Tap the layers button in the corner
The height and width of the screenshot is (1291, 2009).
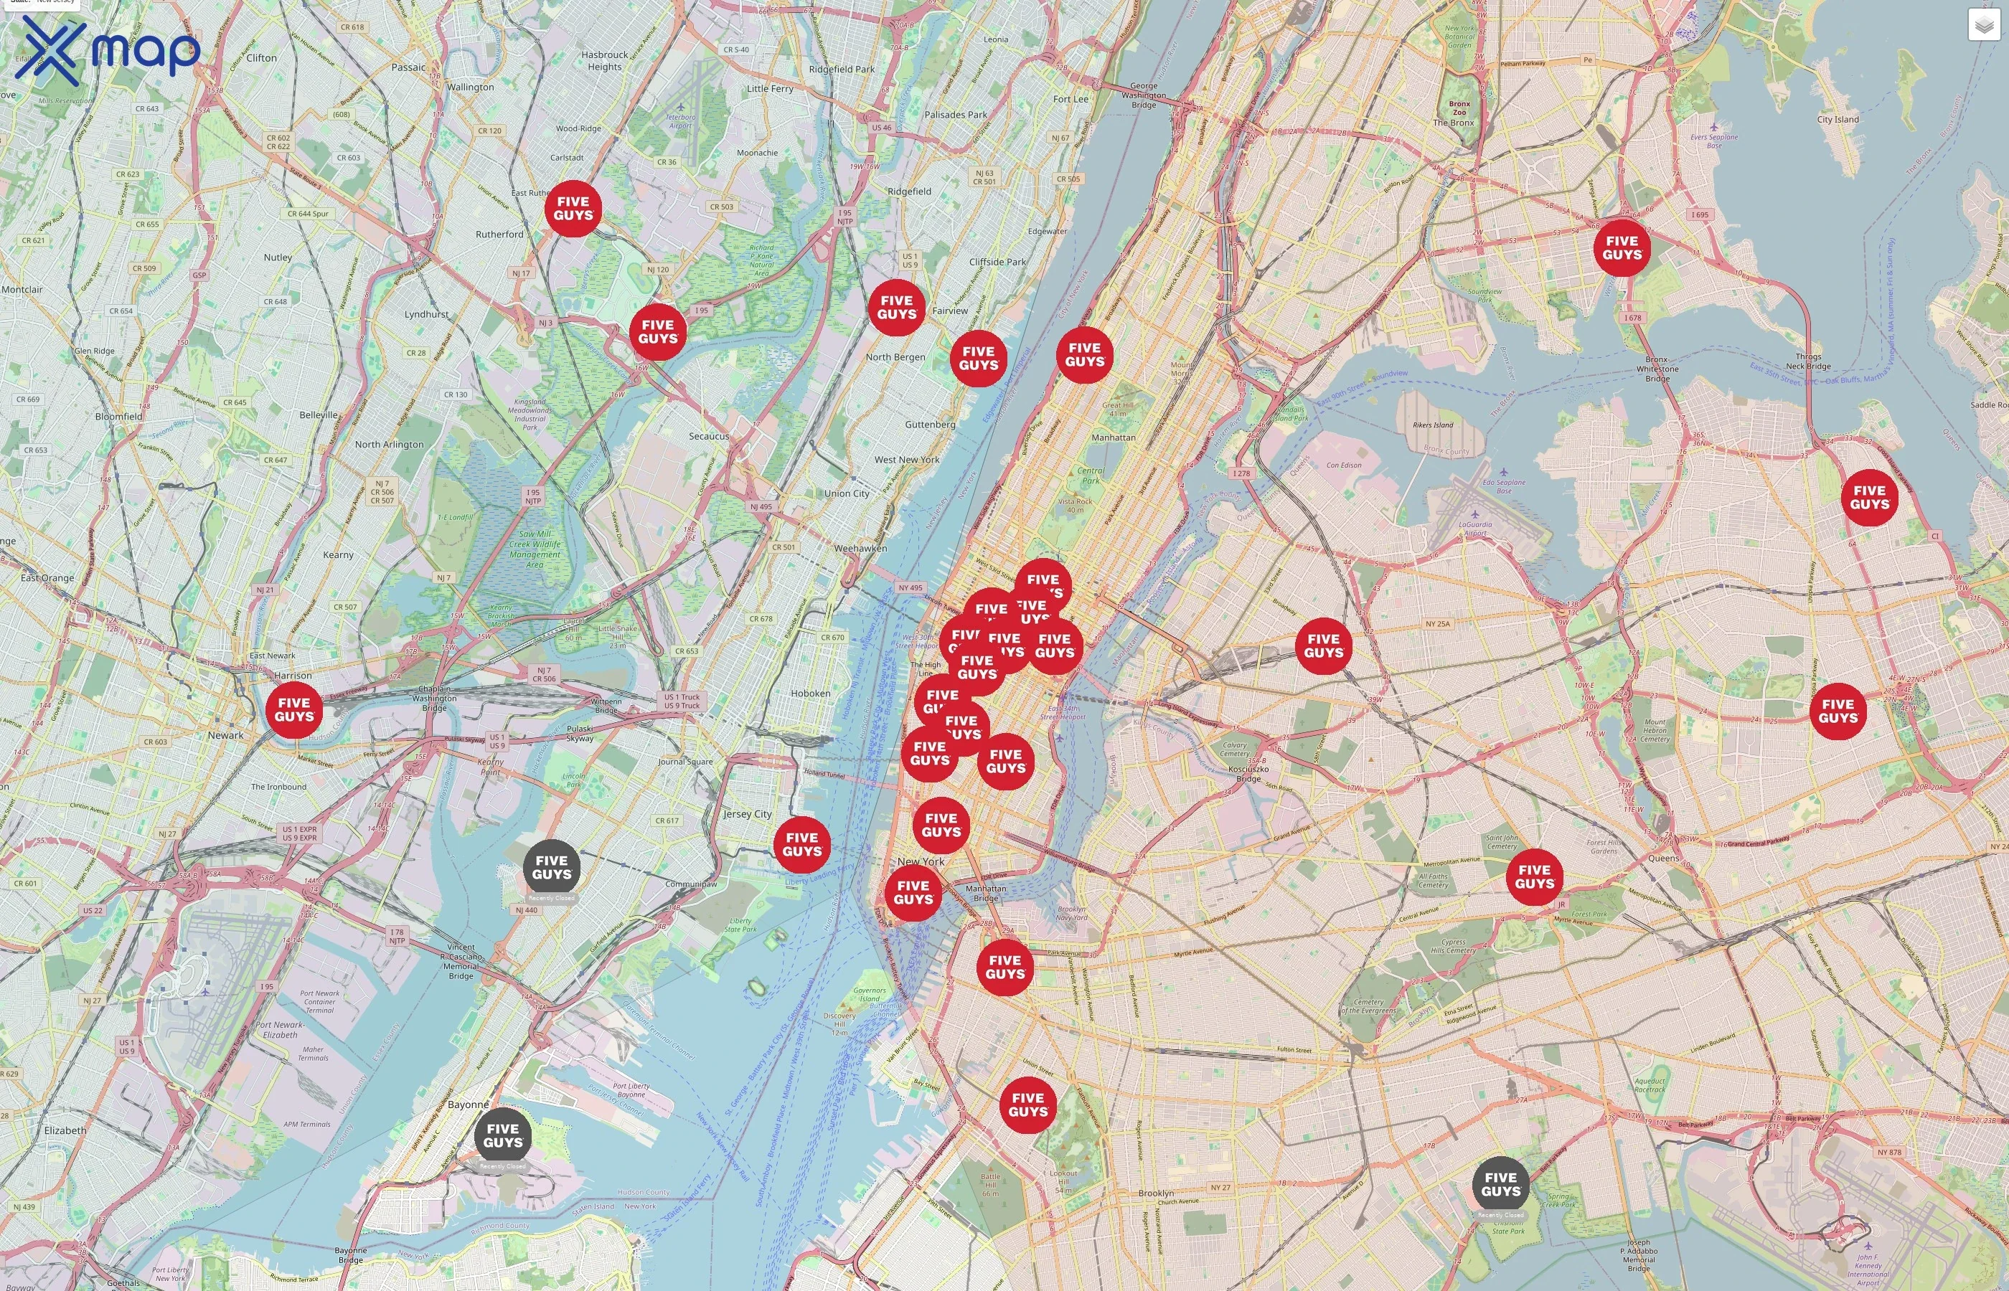tap(1984, 25)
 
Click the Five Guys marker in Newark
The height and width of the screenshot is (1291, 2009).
tap(293, 710)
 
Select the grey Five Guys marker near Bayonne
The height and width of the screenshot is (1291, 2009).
tap(502, 1135)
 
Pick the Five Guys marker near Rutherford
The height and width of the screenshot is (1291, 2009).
tap(573, 208)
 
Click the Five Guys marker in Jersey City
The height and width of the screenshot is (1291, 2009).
tap(801, 844)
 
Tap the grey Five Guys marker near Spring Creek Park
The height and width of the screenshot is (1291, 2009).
tap(1500, 1183)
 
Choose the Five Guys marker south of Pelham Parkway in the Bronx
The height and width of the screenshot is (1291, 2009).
tap(1622, 247)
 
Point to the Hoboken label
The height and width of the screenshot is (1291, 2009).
tap(810, 694)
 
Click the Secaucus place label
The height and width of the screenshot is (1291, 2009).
tap(708, 436)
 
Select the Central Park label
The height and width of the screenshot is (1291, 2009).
tap(1090, 476)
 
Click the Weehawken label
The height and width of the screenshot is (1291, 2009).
tap(860, 548)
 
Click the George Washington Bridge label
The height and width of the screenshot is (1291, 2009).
tap(1143, 95)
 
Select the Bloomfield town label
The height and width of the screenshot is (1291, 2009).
tap(118, 417)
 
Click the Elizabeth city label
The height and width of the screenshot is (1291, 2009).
tap(65, 1130)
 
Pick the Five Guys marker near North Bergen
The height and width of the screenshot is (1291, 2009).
tap(896, 308)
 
